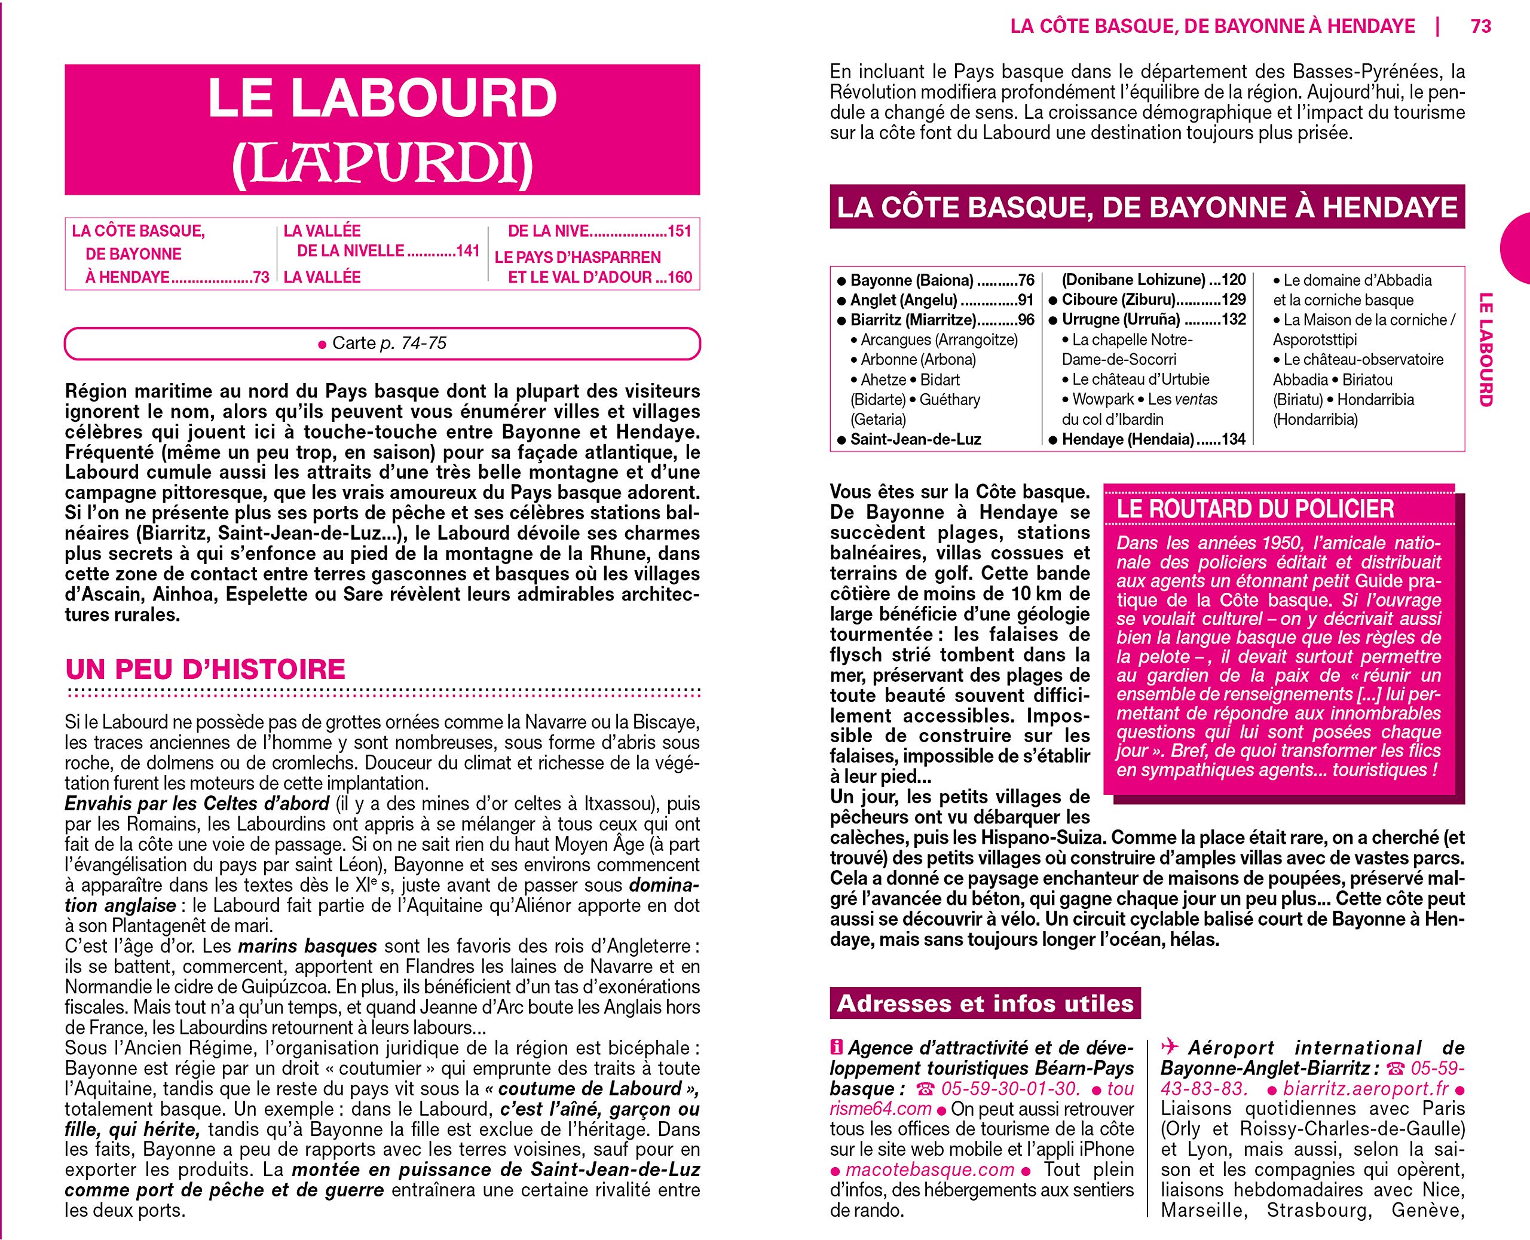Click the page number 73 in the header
[1481, 26]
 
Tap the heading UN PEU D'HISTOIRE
[206, 669]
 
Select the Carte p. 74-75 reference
[383, 344]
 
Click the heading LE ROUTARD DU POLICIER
[1255, 509]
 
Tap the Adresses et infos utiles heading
[985, 1003]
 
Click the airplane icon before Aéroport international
[1169, 1048]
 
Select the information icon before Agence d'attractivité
[837, 1048]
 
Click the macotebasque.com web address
[929, 1170]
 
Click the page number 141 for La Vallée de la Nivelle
[467, 251]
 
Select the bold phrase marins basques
[307, 947]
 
